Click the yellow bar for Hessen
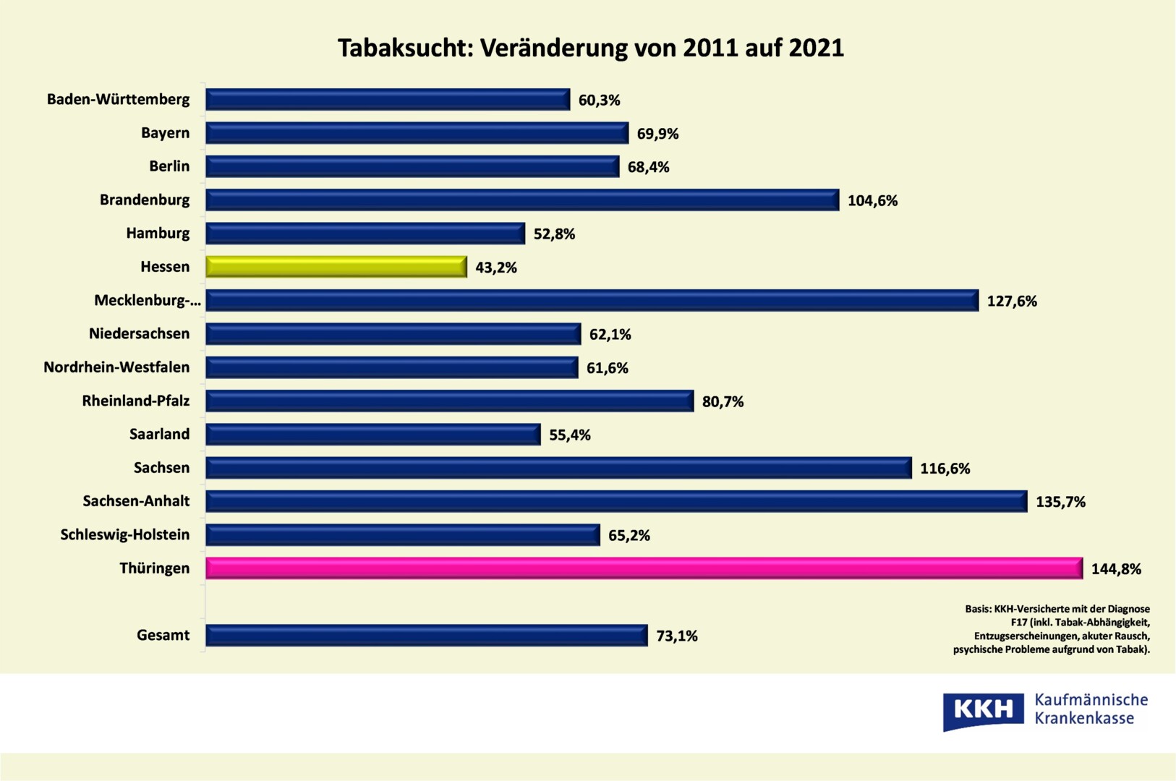[x=336, y=267]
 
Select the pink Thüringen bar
[x=644, y=568]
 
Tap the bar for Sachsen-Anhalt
[x=616, y=501]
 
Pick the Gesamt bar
[x=427, y=635]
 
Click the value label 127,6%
[x=1012, y=302]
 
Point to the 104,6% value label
[x=872, y=201]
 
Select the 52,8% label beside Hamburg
[x=554, y=234]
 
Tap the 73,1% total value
[x=677, y=636]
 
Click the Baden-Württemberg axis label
[x=119, y=100]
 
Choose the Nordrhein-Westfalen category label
[x=116, y=367]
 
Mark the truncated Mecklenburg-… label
[x=148, y=301]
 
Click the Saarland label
[x=159, y=434]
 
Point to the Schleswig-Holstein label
[x=125, y=534]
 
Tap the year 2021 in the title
[x=816, y=48]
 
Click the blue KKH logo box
[x=983, y=710]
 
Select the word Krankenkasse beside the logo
[x=1084, y=719]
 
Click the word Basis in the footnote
[x=977, y=609]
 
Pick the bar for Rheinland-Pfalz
[x=450, y=401]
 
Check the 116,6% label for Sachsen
[x=945, y=469]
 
